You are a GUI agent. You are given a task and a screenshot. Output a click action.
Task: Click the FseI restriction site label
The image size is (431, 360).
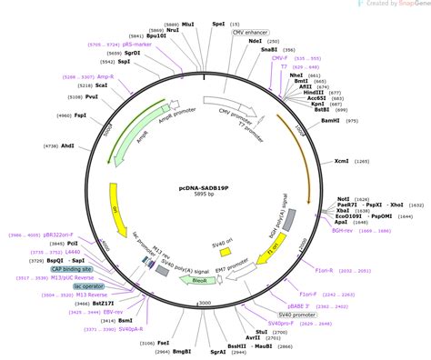(x=148, y=342)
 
